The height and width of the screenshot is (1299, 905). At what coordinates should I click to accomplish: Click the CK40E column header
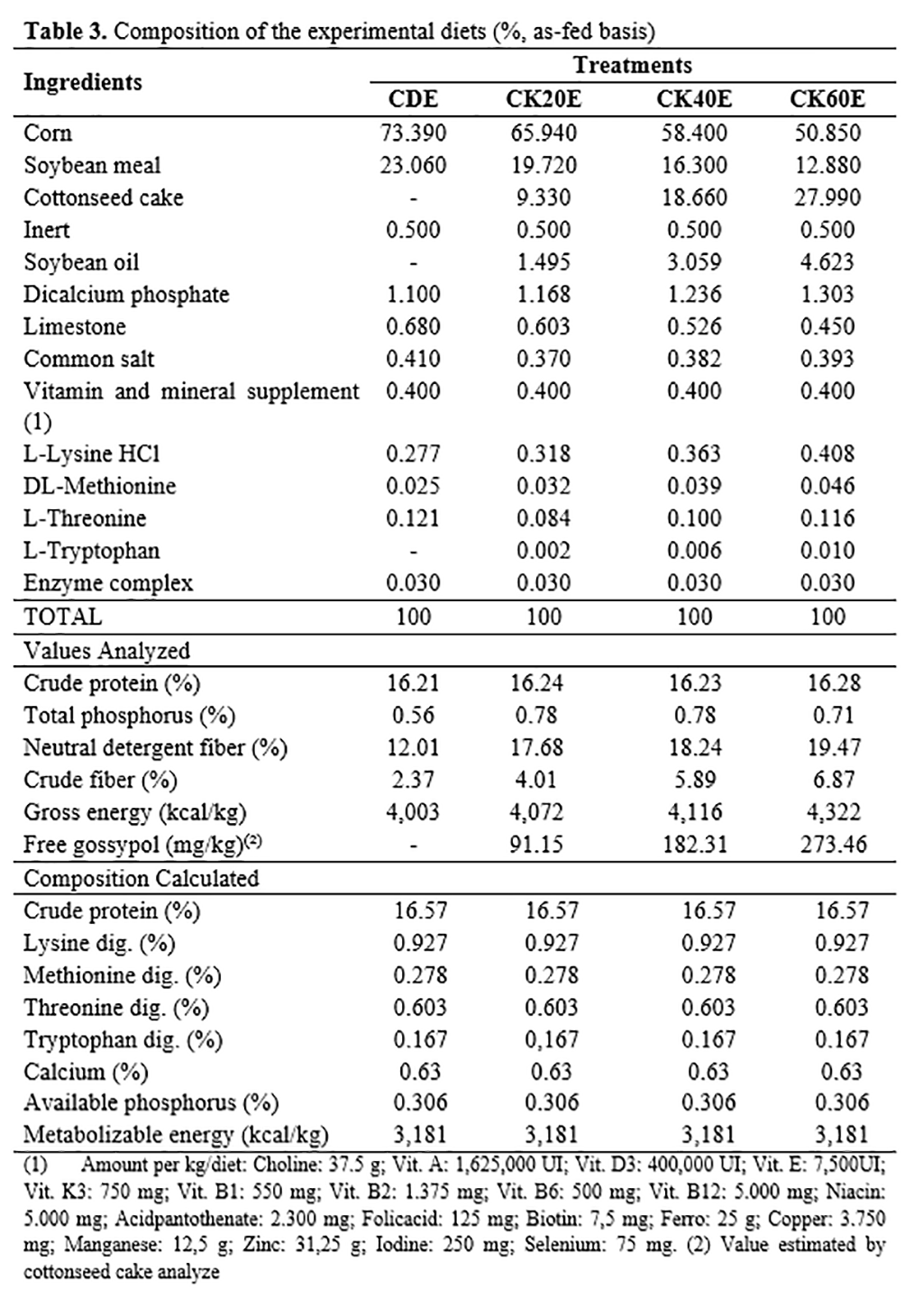pyautogui.click(x=693, y=98)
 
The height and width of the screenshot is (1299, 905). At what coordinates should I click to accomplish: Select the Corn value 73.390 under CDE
pyautogui.click(x=413, y=133)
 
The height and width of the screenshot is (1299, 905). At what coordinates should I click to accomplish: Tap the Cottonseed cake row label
pyautogui.click(x=103, y=197)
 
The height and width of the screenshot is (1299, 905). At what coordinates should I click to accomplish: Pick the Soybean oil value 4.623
pyautogui.click(x=827, y=262)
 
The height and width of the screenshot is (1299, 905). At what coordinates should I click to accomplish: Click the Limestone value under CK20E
pyautogui.click(x=543, y=326)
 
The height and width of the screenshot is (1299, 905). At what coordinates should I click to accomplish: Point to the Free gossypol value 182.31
pyautogui.click(x=694, y=845)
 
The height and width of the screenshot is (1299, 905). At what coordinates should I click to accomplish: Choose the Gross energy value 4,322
pyautogui.click(x=827, y=812)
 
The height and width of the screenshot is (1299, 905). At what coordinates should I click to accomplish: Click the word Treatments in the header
pyautogui.click(x=633, y=65)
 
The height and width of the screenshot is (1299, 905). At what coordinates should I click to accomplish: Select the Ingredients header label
pyautogui.click(x=83, y=82)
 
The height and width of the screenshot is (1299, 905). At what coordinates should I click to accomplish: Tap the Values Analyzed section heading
pyautogui.click(x=107, y=651)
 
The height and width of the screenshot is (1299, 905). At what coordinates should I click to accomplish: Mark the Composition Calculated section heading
pyautogui.click(x=141, y=878)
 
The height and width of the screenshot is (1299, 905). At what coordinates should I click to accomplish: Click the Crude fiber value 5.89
pyautogui.click(x=694, y=780)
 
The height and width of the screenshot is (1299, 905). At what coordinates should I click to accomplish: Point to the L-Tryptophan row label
pyautogui.click(x=91, y=551)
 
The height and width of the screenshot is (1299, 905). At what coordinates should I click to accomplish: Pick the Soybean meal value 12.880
pyautogui.click(x=827, y=166)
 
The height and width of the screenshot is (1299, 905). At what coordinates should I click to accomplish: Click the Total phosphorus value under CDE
pyautogui.click(x=413, y=715)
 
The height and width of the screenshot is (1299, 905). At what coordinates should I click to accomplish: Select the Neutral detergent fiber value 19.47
pyautogui.click(x=827, y=747)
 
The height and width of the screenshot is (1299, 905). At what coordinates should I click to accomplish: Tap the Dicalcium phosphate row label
pyautogui.click(x=126, y=295)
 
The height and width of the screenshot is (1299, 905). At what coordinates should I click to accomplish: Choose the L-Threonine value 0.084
pyautogui.click(x=543, y=518)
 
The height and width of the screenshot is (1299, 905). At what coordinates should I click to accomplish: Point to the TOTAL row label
pyautogui.click(x=63, y=617)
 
